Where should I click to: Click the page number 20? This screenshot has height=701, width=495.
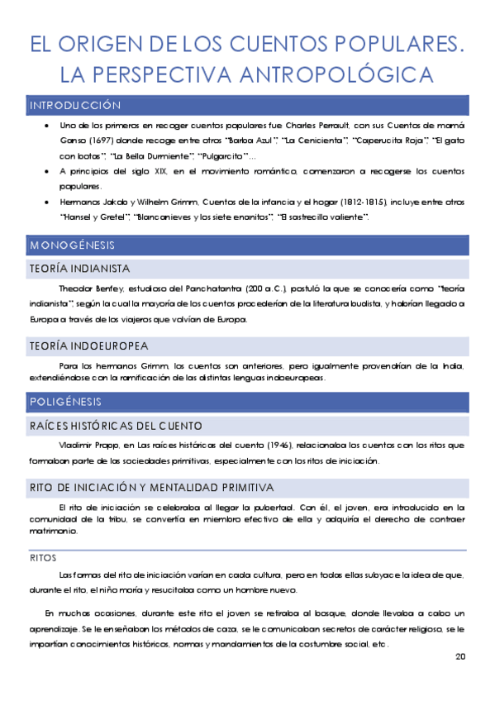click(x=460, y=657)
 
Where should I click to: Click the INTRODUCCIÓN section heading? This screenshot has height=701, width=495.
click(x=74, y=106)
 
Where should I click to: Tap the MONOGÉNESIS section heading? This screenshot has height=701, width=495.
click(x=72, y=246)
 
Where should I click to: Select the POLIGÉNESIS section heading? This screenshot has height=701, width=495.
click(x=66, y=402)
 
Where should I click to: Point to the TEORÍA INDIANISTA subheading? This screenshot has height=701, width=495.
click(x=79, y=269)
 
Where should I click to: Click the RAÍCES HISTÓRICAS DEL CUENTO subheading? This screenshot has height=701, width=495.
click(x=115, y=426)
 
